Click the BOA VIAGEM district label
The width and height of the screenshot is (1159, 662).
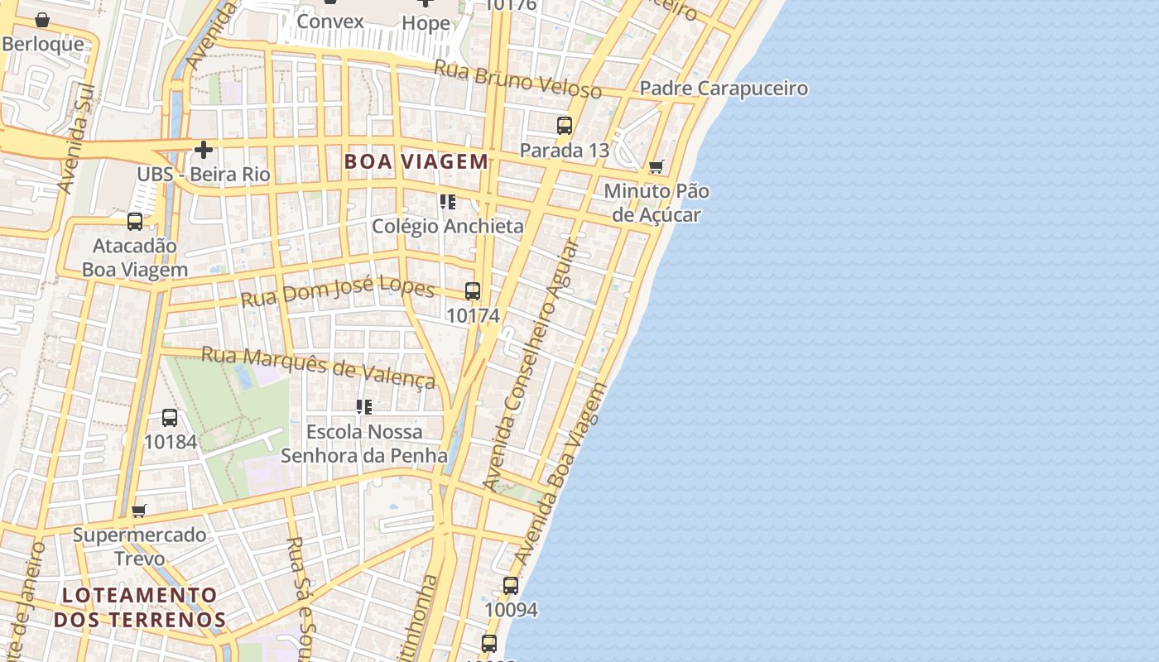pyautogui.click(x=416, y=161)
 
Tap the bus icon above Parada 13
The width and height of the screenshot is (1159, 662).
pyautogui.click(x=565, y=126)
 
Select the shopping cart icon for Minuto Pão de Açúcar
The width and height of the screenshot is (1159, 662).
pyautogui.click(x=656, y=167)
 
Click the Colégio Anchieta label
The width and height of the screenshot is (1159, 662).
pyautogui.click(x=447, y=226)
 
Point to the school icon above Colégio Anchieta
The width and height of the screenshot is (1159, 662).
pyautogui.click(x=448, y=202)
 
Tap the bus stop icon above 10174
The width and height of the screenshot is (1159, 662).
pyautogui.click(x=473, y=291)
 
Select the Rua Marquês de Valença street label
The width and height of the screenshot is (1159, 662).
pyautogui.click(x=319, y=367)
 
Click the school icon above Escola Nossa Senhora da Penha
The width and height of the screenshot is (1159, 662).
pyautogui.click(x=363, y=407)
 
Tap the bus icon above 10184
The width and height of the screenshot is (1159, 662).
pyautogui.click(x=170, y=418)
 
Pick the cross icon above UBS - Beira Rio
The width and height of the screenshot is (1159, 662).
pyautogui.click(x=203, y=150)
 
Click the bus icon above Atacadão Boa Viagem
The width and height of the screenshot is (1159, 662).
pyautogui.click(x=135, y=222)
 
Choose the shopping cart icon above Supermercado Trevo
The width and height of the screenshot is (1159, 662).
pyautogui.click(x=139, y=511)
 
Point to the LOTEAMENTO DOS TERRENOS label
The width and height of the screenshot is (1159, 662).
pyautogui.click(x=140, y=607)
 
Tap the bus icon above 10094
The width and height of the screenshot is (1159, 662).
pyautogui.click(x=511, y=586)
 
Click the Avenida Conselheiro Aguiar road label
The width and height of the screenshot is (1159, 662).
pyautogui.click(x=530, y=364)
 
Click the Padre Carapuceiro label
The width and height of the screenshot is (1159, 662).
pyautogui.click(x=724, y=89)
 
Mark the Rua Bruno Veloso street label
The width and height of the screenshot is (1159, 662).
pyautogui.click(x=517, y=79)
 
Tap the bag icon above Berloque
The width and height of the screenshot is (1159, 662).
pyautogui.click(x=42, y=20)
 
